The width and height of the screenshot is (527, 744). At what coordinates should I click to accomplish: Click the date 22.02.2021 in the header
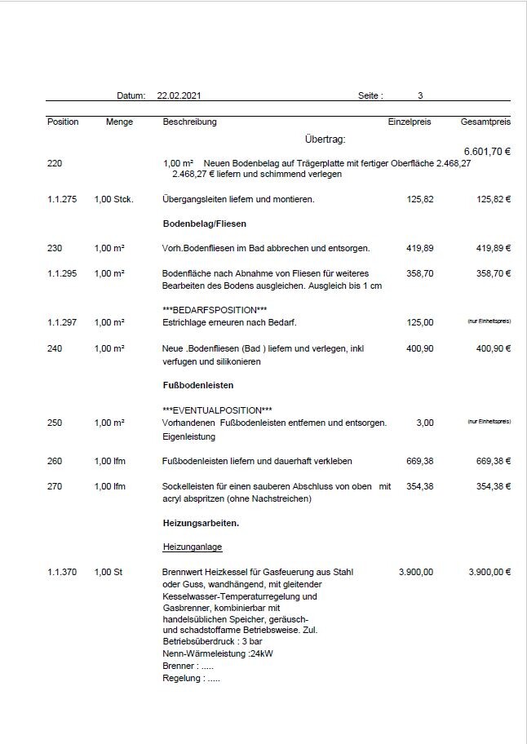point(179,96)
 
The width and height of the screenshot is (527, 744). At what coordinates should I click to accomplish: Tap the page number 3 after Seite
point(420,96)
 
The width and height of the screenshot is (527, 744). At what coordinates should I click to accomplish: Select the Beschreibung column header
point(190,122)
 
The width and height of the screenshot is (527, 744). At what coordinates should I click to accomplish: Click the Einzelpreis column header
point(409,122)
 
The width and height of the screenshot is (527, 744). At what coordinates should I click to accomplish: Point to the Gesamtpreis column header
point(485,122)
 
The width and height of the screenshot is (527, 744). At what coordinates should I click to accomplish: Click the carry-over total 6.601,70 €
point(487,152)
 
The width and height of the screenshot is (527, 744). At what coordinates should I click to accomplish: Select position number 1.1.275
point(62,199)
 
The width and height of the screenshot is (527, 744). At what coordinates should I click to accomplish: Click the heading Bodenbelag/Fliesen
point(205,224)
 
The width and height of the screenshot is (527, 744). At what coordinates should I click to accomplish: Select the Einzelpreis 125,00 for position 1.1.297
point(419,323)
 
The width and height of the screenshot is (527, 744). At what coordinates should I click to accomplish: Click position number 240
point(55,348)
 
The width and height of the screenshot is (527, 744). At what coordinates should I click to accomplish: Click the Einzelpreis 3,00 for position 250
point(425,423)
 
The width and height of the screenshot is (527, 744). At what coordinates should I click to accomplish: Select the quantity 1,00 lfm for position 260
point(110,461)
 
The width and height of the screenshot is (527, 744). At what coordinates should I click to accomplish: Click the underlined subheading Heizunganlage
point(193,547)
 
